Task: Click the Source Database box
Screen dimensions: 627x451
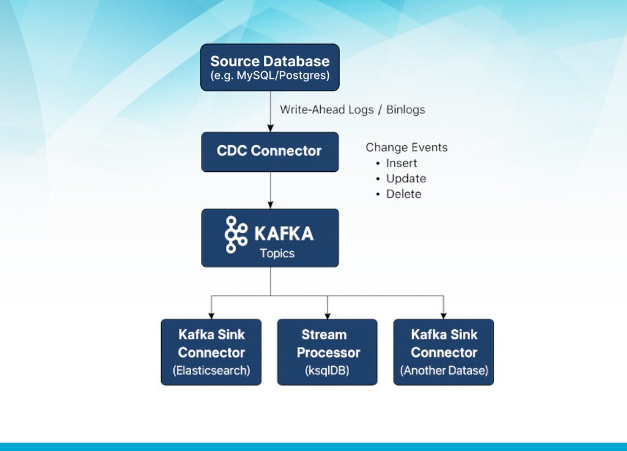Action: coord(270,67)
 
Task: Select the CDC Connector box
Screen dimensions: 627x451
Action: coord(270,152)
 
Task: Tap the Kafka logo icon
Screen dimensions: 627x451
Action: coord(236,234)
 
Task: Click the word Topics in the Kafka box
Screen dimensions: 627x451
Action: coord(277,253)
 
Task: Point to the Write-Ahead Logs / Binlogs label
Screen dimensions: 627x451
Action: coord(352,110)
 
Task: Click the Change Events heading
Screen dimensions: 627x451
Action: coord(407,147)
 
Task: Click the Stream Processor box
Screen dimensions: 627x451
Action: coord(327,352)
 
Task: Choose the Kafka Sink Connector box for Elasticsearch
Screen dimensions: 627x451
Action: coord(211,352)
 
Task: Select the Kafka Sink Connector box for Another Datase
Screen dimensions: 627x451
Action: coord(443,352)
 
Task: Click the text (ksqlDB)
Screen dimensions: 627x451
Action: coord(327,370)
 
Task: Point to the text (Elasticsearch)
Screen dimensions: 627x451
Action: coord(211,370)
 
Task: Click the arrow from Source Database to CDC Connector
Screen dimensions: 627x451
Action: coord(270,111)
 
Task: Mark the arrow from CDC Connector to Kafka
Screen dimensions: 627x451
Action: coord(270,190)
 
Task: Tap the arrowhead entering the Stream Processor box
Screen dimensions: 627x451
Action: coord(328,316)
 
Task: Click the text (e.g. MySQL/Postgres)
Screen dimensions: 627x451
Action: coord(270,75)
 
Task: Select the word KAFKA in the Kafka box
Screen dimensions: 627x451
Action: coord(284,234)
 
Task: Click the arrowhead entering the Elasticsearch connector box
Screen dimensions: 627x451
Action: coord(211,316)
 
